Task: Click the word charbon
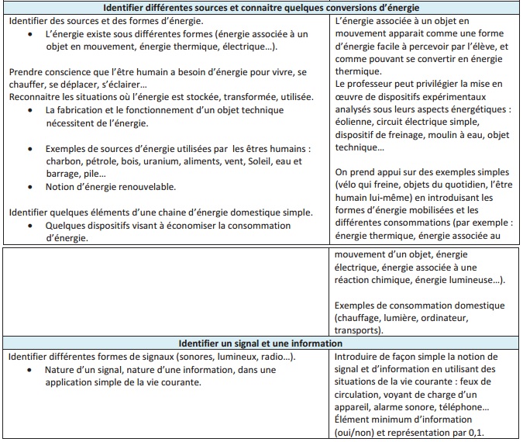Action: tap(64, 161)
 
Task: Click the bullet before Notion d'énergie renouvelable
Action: tap(29, 187)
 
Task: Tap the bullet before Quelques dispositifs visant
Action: tap(29, 226)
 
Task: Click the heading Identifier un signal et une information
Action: tap(260, 343)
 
